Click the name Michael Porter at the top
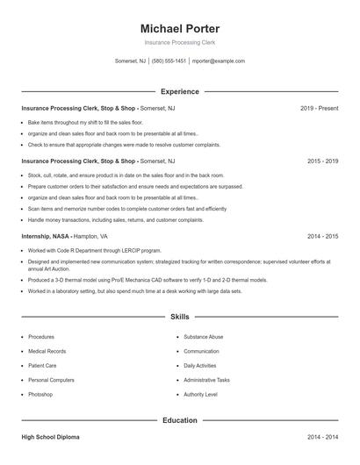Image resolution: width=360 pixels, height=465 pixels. pyautogui.click(x=180, y=29)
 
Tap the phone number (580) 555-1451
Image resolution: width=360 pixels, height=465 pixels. pyautogui.click(x=169, y=61)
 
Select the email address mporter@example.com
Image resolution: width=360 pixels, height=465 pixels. pyautogui.click(x=218, y=61)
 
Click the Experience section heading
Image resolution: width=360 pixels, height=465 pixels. pyautogui.click(x=180, y=91)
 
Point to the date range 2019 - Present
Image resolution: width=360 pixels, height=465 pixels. pyautogui.click(x=319, y=108)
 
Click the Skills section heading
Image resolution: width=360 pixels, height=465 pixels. pyautogui.click(x=180, y=316)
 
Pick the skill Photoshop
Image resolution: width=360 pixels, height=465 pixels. pyautogui.click(x=40, y=395)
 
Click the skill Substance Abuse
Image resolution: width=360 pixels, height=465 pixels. pyautogui.click(x=204, y=337)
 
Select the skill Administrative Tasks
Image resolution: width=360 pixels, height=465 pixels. pyautogui.click(x=206, y=380)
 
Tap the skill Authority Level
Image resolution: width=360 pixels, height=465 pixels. pyautogui.click(x=200, y=395)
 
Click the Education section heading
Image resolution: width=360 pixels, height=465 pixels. pyautogui.click(x=180, y=420)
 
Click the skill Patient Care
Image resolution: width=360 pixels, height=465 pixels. pyautogui.click(x=42, y=366)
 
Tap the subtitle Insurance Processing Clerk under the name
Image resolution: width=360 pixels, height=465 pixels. pyautogui.click(x=180, y=42)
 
